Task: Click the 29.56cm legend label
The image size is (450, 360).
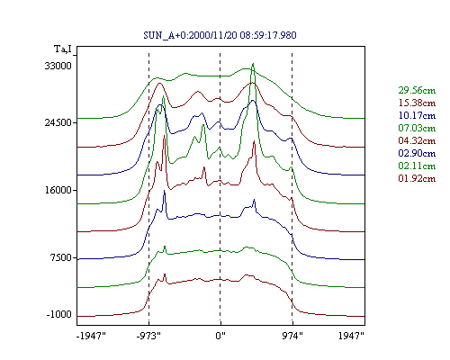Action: [x=417, y=90]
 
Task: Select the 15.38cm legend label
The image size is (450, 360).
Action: [x=417, y=103]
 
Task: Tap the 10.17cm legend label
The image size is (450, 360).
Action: [x=417, y=115]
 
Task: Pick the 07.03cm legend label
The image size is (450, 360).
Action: [x=417, y=128]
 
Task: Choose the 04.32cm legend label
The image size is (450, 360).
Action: [x=417, y=140]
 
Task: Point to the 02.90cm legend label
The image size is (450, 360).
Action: [x=417, y=153]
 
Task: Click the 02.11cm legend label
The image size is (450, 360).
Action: [x=417, y=166]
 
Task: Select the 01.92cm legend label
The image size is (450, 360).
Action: [x=417, y=178]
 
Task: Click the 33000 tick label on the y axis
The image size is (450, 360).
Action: [x=58, y=66]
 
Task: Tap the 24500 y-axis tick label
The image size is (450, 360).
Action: [x=58, y=122]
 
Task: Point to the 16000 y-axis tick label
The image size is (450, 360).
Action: [x=58, y=190]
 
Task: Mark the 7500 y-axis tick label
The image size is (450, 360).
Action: [x=60, y=257]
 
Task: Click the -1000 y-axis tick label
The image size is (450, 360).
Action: [x=59, y=315]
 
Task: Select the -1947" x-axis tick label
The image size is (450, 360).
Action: [x=91, y=336]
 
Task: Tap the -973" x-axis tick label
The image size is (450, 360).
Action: [x=148, y=336]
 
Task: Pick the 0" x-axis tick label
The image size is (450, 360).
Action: [x=220, y=336]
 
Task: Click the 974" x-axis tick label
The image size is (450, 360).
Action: [x=292, y=336]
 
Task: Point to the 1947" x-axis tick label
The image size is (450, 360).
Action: [x=351, y=336]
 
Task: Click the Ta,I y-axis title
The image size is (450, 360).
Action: [x=63, y=49]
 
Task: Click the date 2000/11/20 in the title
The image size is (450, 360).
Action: [x=213, y=35]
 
